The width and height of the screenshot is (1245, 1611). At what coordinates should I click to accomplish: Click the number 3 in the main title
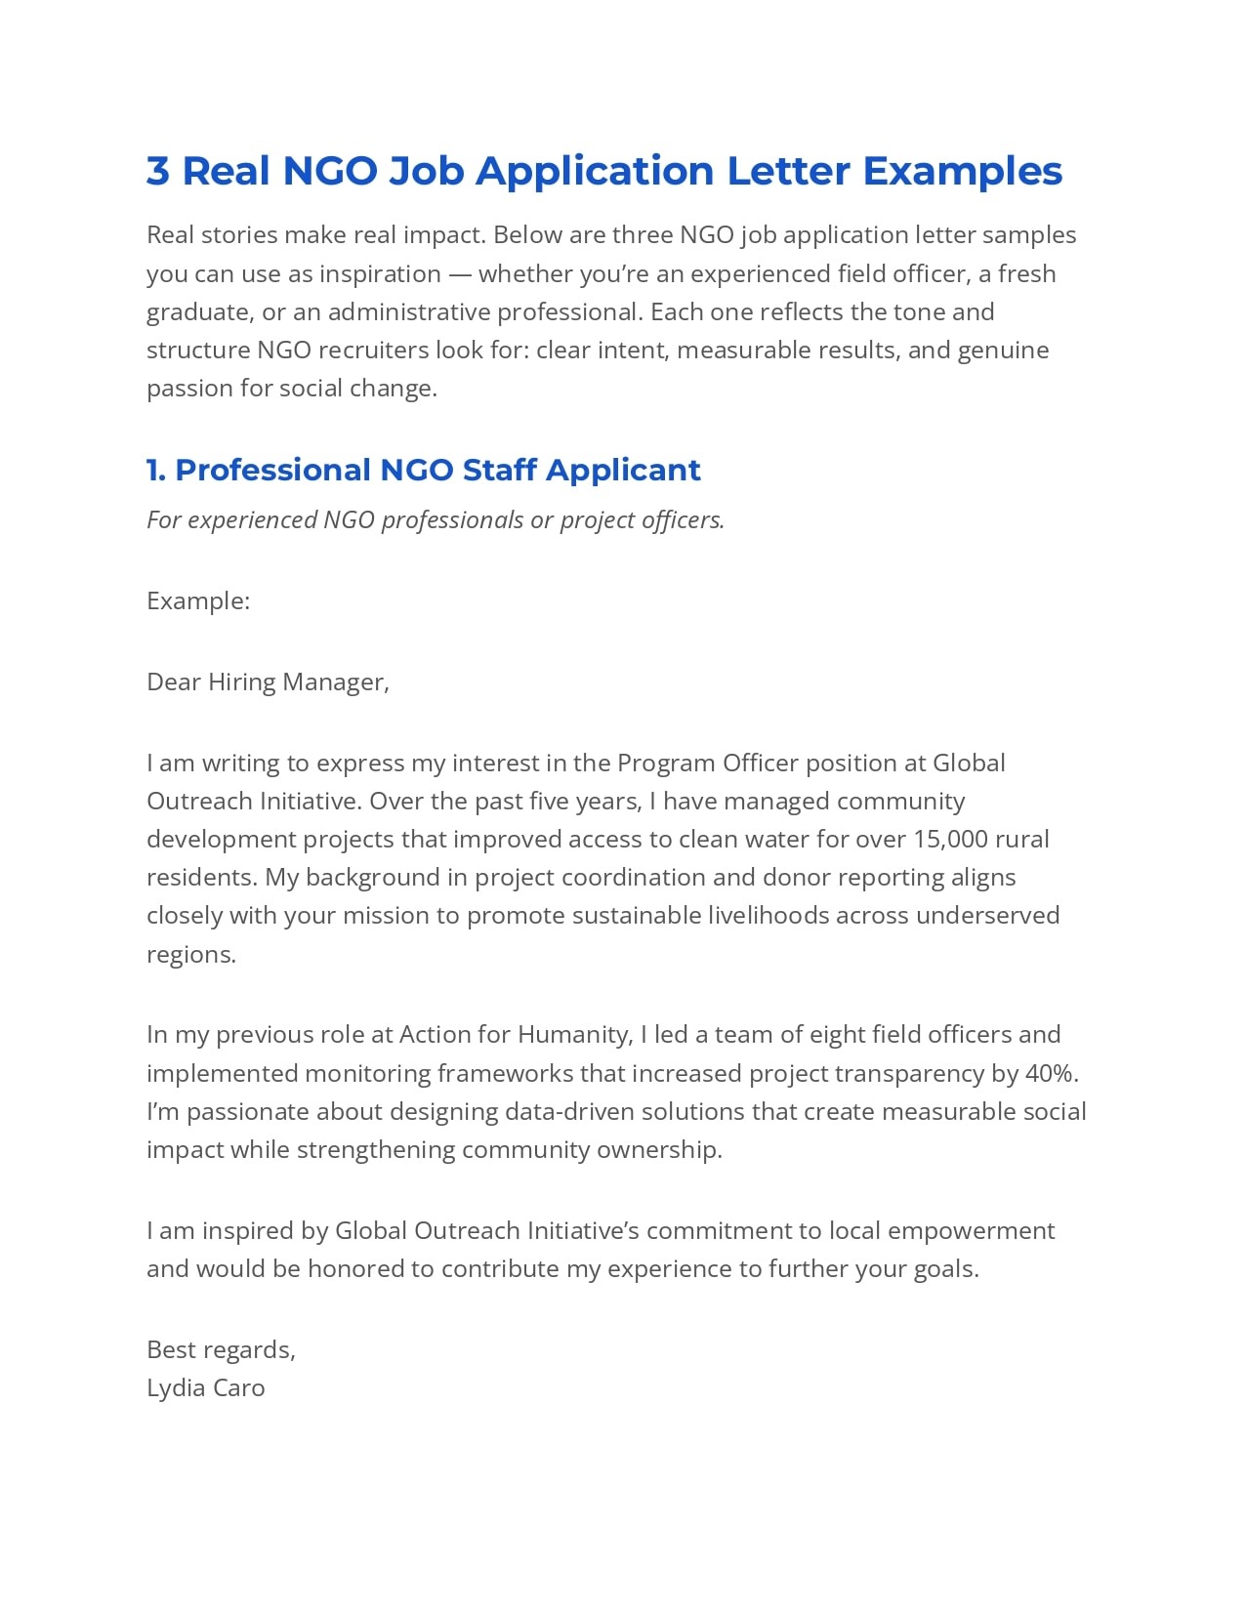[157, 171]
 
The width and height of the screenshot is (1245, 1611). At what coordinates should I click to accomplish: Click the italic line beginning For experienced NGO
[436, 519]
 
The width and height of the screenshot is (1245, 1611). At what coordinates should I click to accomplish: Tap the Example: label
[198, 600]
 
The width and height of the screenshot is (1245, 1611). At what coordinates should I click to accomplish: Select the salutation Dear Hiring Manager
[268, 682]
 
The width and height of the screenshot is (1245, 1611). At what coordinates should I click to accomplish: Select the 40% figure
[1051, 1073]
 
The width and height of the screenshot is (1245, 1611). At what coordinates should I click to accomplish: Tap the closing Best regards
[221, 1349]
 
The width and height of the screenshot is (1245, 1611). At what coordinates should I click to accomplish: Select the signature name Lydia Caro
[205, 1387]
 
